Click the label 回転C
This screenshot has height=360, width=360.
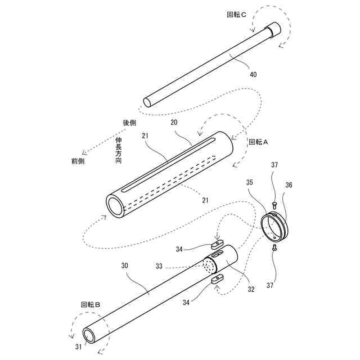tap(236, 15)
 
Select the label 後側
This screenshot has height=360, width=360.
tap(129, 122)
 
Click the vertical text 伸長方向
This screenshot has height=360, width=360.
tap(119, 150)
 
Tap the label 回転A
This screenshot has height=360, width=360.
tap(259, 142)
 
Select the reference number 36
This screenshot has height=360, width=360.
tap(289, 184)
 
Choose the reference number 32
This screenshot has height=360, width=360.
tap(251, 290)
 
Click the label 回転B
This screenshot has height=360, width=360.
tap(90, 304)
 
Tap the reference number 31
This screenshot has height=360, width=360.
tap(78, 347)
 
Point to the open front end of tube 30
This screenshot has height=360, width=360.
tap(90, 336)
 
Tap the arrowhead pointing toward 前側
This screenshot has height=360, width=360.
tap(84, 152)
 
